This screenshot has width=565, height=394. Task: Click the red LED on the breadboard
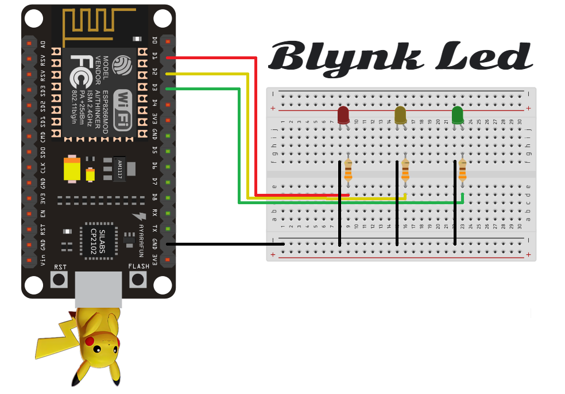click(x=343, y=115)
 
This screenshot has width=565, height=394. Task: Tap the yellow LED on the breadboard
click(x=401, y=115)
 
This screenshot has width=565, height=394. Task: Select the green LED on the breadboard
click(x=458, y=115)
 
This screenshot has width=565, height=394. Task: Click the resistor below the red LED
click(x=348, y=171)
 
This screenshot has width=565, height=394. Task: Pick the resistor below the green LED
click(x=462, y=171)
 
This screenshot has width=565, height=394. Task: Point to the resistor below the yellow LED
click(x=405, y=171)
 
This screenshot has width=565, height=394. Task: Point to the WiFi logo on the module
click(x=125, y=109)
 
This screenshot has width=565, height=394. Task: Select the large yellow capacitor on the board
click(x=72, y=169)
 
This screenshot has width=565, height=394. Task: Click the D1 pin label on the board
click(x=154, y=56)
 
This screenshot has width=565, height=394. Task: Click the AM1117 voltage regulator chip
click(x=119, y=167)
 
